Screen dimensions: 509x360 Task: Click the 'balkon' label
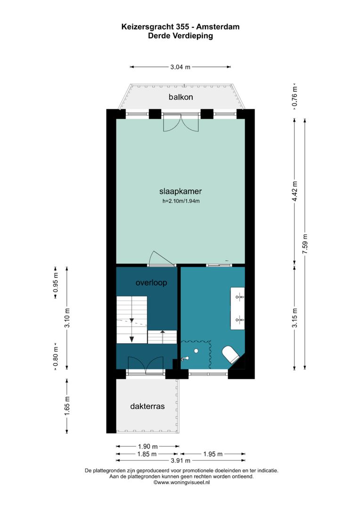click(181, 97)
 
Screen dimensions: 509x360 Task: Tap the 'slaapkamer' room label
click(180, 191)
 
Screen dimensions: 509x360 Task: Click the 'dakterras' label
click(147, 406)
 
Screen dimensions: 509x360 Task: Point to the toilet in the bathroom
click(231, 353)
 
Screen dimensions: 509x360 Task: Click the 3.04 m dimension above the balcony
click(180, 67)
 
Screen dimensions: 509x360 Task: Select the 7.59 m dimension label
click(305, 245)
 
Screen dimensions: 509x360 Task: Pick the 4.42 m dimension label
click(295, 191)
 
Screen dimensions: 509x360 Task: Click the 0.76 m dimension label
click(295, 97)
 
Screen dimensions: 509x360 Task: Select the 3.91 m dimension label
click(180, 460)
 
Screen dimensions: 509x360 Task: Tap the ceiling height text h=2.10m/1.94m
click(180, 202)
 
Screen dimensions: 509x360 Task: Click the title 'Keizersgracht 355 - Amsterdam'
click(180, 27)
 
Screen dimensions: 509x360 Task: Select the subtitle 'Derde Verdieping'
click(180, 35)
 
